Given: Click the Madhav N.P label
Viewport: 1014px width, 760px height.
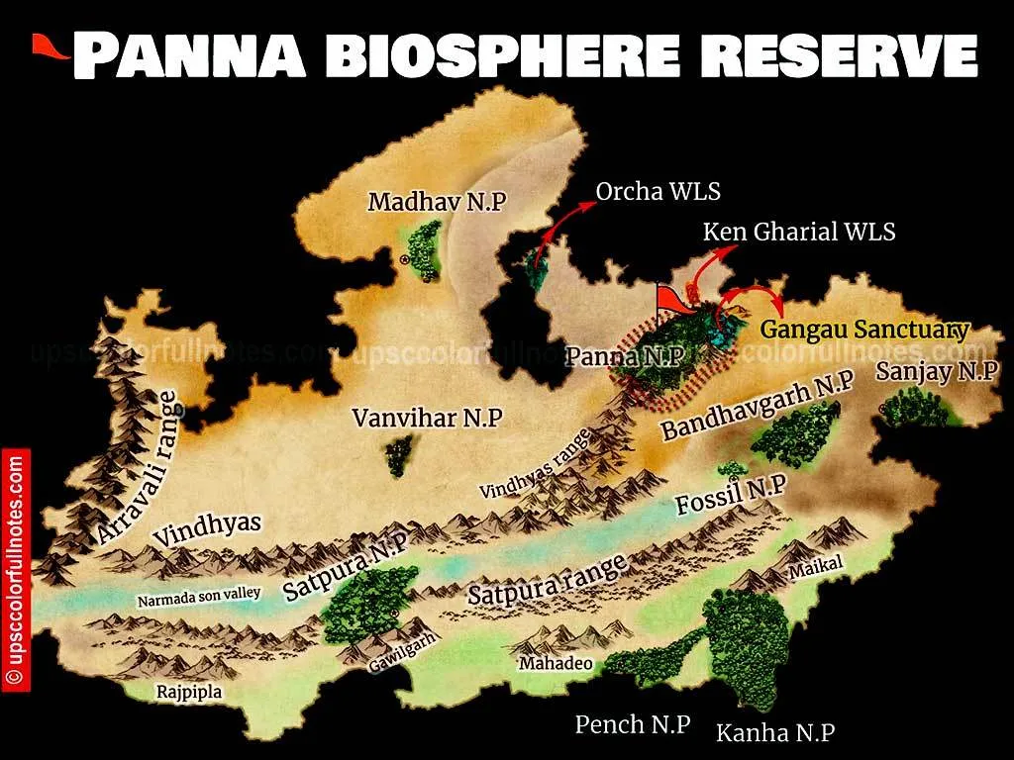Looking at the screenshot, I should pos(437,202).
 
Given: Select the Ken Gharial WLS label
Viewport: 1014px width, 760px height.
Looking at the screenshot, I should pos(799,232).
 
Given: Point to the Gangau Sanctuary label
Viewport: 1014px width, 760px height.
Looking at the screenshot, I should pos(863,330).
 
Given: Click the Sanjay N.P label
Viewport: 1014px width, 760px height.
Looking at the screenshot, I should pos(937,372).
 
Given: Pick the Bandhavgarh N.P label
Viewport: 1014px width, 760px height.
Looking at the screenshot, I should pos(758,407).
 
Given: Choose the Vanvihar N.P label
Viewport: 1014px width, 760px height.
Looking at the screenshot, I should pos(427,419).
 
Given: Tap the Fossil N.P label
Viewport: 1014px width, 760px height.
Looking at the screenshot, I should pos(731,494).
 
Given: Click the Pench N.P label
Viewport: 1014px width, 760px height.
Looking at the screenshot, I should pos(633,724).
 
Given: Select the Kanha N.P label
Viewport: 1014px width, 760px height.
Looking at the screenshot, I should pos(775,733).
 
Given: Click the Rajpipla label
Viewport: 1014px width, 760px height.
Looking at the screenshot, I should pos(189,693).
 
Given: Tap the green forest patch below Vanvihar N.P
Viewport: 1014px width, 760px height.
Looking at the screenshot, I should pos(399,455).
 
